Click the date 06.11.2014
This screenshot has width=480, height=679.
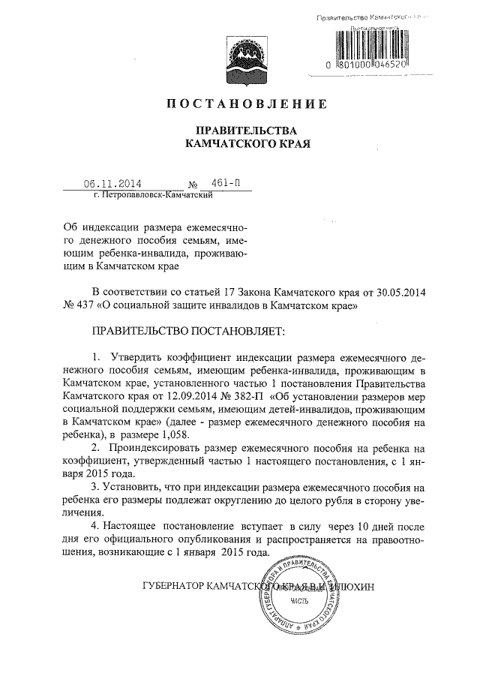click(x=112, y=182)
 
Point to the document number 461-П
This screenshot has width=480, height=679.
click(x=226, y=182)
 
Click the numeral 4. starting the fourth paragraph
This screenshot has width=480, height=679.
click(x=94, y=524)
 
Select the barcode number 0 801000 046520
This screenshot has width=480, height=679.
click(x=368, y=65)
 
